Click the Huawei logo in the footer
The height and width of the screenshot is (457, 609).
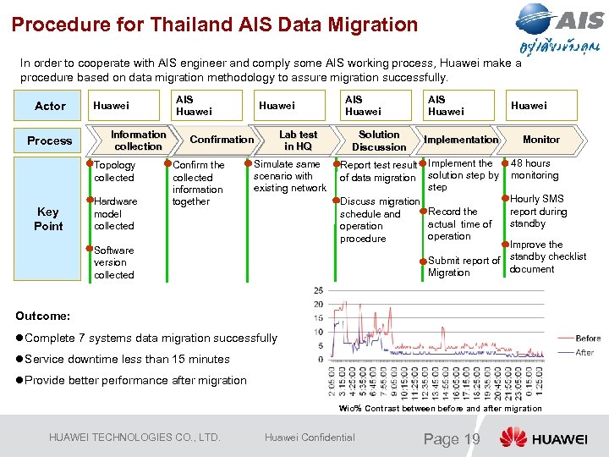point(542,438)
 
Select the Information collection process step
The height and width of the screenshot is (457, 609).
point(138,140)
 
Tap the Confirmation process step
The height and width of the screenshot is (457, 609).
point(221,140)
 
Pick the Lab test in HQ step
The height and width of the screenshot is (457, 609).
point(298,140)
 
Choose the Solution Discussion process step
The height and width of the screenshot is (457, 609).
point(379,140)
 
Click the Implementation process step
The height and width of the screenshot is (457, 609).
point(461,140)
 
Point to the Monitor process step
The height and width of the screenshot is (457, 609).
point(540,140)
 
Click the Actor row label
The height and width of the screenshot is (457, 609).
point(50,106)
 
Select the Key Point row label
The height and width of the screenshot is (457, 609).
point(48,219)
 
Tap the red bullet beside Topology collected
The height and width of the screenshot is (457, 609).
point(90,162)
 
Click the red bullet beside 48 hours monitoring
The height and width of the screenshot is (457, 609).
point(506,162)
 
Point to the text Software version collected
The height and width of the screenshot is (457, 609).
point(114,262)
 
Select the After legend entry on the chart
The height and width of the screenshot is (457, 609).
point(584,352)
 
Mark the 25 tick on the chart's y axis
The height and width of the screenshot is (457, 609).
point(318,291)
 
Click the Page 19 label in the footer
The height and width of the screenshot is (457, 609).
point(452,438)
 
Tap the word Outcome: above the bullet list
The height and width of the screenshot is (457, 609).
point(42,316)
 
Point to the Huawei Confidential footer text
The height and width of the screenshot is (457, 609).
point(310,438)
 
